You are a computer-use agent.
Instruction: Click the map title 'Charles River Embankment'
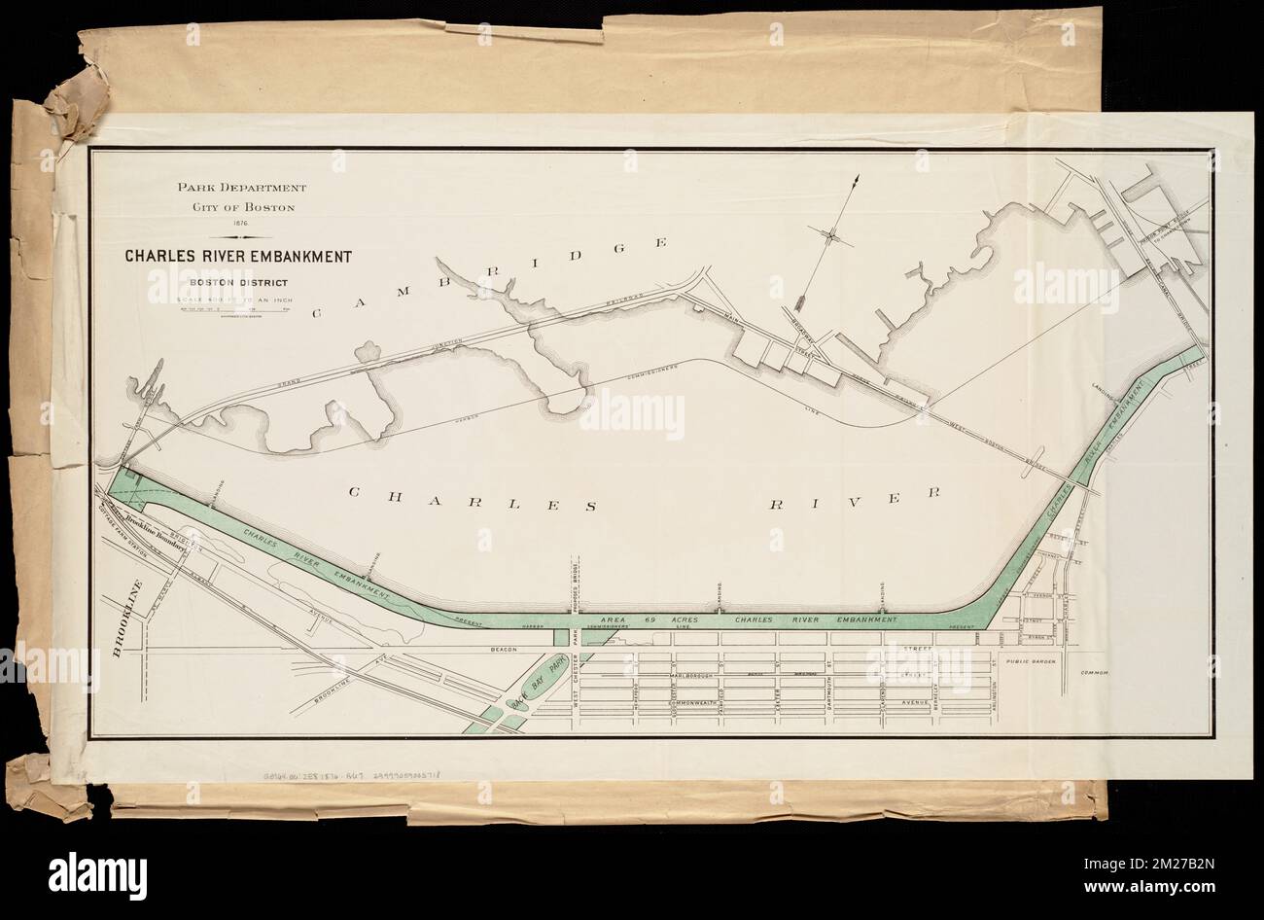pos(237,258)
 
